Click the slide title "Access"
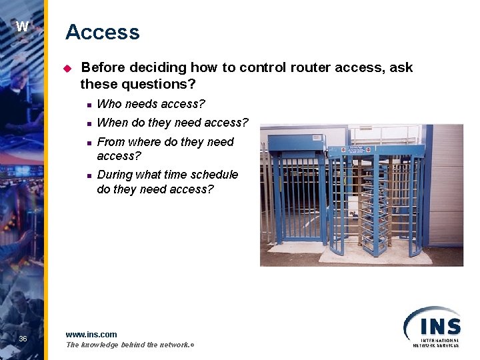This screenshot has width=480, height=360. [102, 32]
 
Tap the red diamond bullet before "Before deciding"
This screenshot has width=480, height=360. [67, 68]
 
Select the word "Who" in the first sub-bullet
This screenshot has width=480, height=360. [109, 104]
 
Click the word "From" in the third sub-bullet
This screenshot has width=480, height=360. [111, 142]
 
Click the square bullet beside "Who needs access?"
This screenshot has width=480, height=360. [87, 105]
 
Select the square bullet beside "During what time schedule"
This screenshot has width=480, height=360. [87, 175]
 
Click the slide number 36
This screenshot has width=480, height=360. [23, 339]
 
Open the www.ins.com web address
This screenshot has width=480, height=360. [91, 334]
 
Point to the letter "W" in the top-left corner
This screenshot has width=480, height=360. [22, 27]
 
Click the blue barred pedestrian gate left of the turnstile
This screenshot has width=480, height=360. [298, 200]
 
